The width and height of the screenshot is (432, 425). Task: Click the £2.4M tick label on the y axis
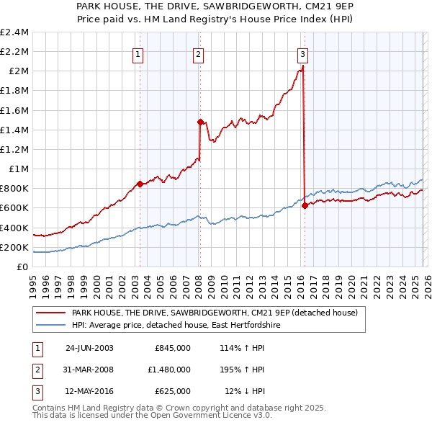tap(14, 32)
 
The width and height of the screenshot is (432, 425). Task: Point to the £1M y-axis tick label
tap(19, 169)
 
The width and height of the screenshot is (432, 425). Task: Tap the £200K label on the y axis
tap(14, 247)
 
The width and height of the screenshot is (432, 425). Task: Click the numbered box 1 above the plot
tap(138, 53)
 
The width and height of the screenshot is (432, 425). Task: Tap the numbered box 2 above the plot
tap(198, 53)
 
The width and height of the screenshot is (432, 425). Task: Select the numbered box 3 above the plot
tap(302, 53)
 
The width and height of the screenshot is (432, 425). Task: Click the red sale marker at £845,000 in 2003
tap(140, 184)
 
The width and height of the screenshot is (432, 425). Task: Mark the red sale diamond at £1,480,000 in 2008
tap(200, 122)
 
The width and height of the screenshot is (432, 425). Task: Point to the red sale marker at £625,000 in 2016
tap(305, 205)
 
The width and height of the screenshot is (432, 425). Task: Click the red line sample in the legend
tap(50, 313)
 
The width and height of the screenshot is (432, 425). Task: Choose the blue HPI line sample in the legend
tap(50, 326)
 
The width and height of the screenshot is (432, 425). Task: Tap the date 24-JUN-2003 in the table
tap(89, 347)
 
